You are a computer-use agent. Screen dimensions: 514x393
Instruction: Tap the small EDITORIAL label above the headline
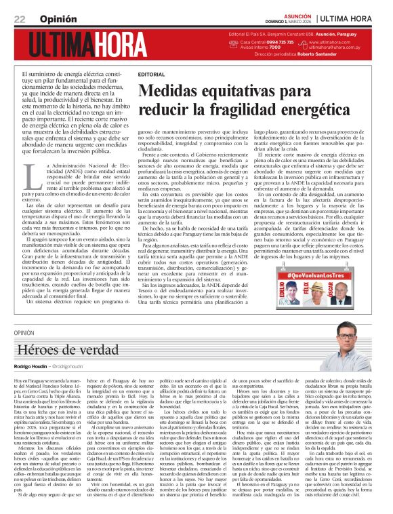point(150,73)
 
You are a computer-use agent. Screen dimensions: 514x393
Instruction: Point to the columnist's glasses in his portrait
point(347,336)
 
